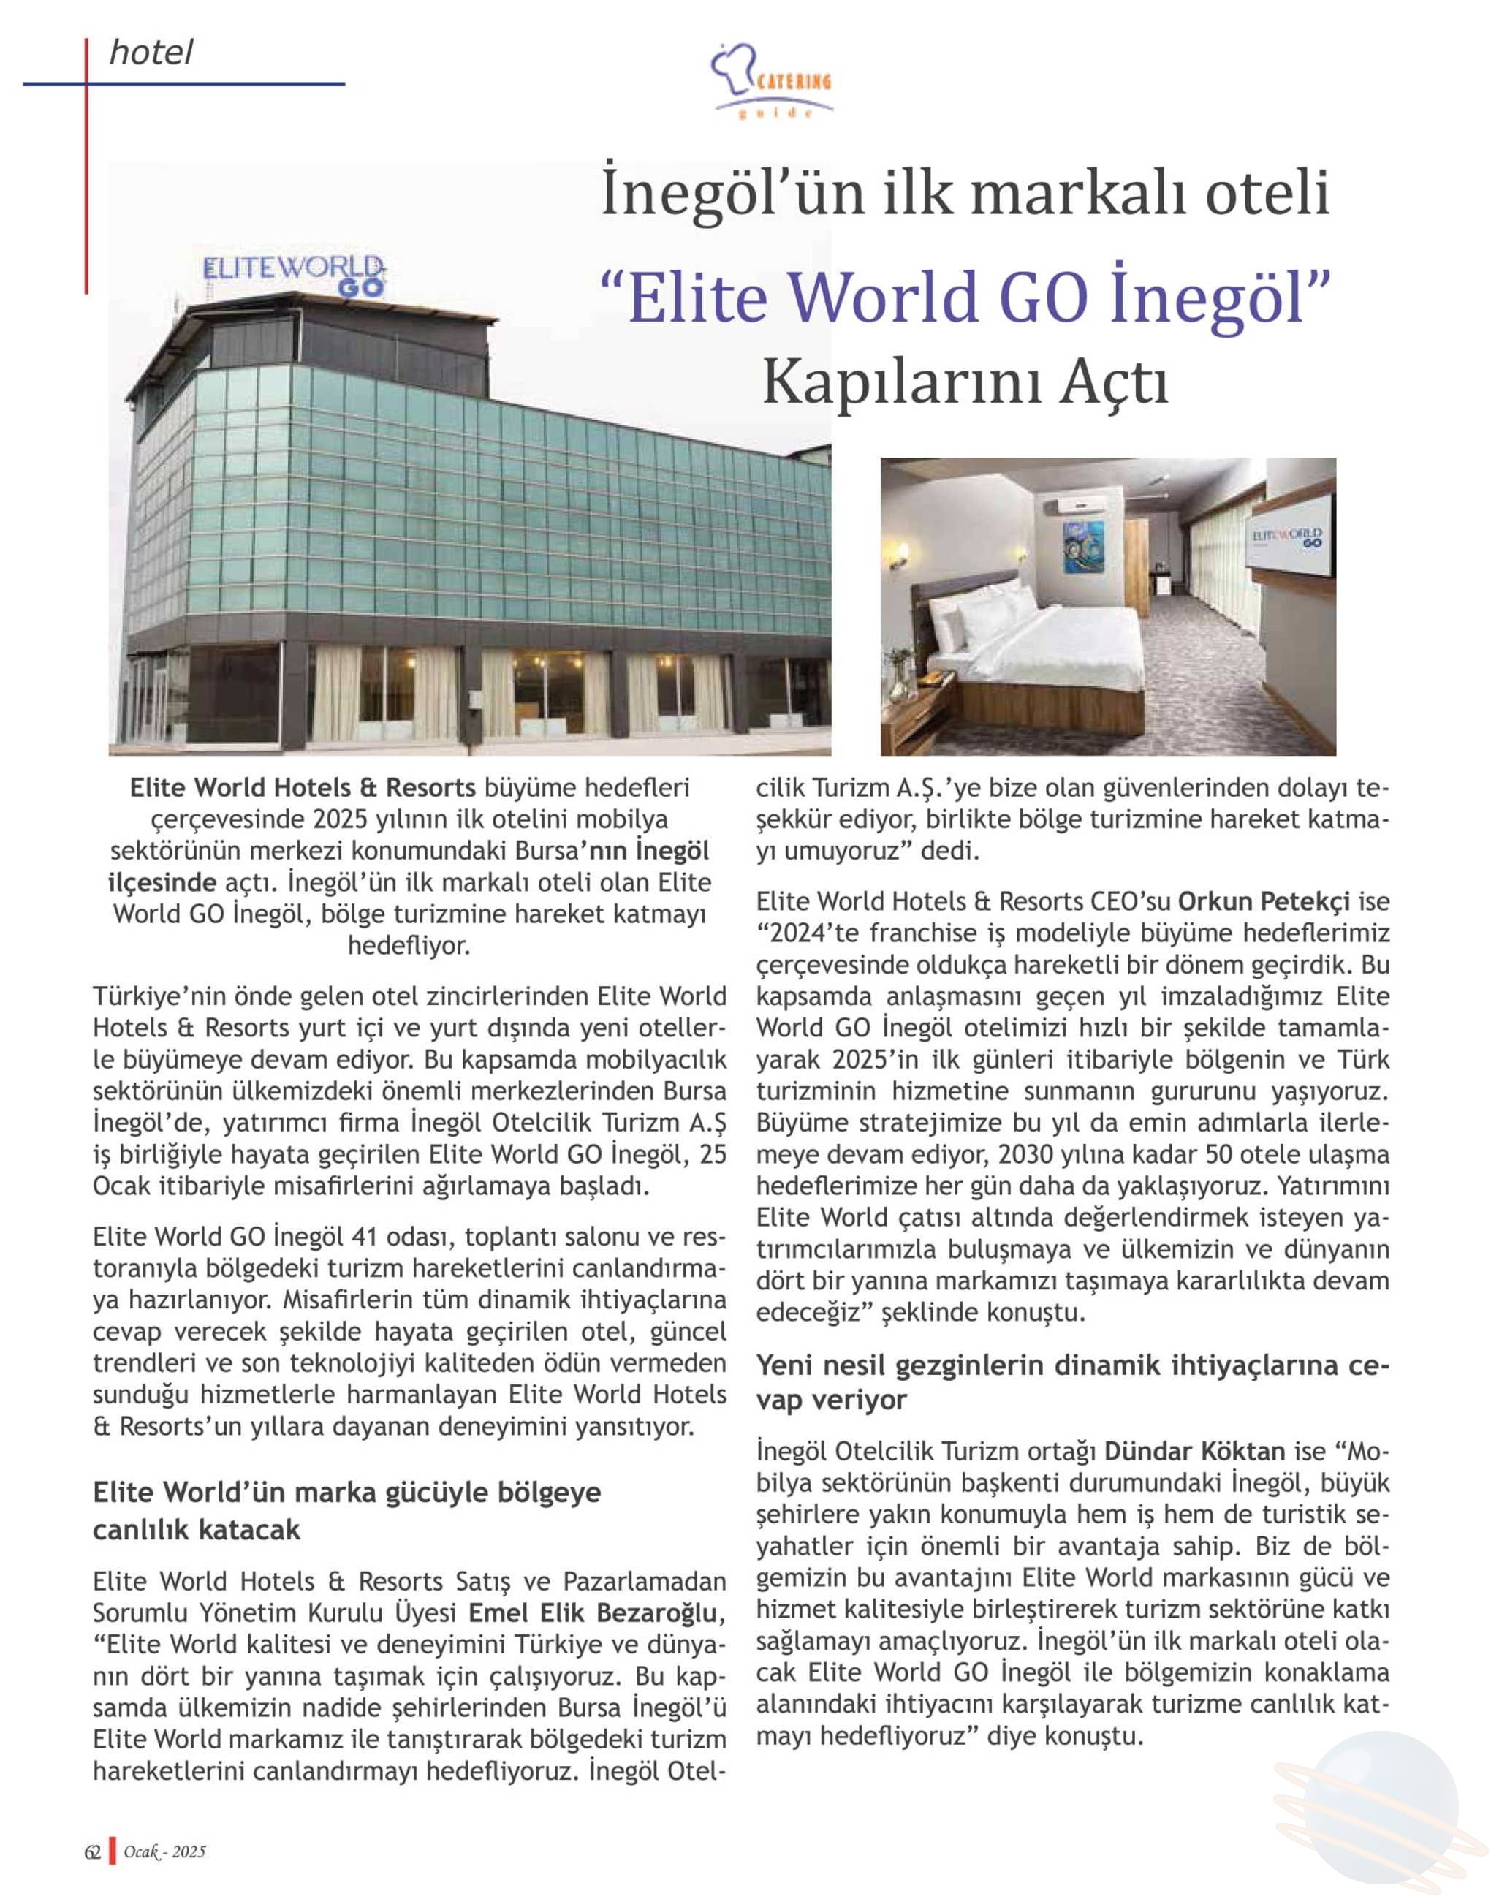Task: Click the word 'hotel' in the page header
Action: (x=150, y=54)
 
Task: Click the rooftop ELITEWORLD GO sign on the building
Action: (x=295, y=275)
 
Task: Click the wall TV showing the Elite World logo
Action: (x=1289, y=535)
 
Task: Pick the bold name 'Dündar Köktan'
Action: (x=1195, y=1451)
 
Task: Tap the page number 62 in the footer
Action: (x=93, y=1851)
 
